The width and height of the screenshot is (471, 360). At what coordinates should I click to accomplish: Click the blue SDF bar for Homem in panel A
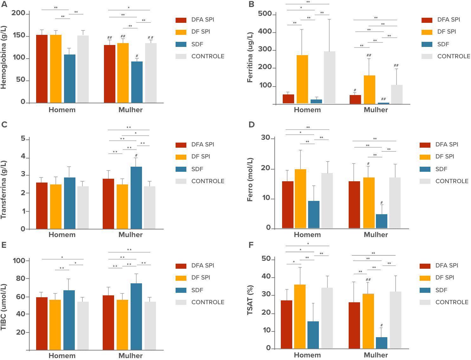tap(69, 79)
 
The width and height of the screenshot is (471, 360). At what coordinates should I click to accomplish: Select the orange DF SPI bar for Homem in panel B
tap(302, 79)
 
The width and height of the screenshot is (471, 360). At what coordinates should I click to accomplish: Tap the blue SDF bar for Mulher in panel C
tap(136, 197)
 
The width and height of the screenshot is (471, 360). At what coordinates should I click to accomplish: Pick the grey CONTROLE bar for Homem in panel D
tap(327, 200)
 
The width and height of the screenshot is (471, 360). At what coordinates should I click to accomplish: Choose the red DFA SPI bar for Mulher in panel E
tap(108, 323)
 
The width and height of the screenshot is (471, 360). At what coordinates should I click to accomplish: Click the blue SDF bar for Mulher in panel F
tap(382, 343)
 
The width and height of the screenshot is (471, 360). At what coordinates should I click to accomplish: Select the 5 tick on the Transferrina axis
tap(23, 139)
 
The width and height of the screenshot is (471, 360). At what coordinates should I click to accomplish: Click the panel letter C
tap(4, 125)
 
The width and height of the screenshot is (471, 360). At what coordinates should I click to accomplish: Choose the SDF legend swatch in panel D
tap(425, 169)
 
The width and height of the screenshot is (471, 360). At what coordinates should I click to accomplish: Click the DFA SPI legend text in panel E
tap(203, 265)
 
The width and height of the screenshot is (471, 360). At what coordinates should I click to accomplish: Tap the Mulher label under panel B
tap(376, 110)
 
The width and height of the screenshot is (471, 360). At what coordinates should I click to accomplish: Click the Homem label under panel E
tap(62, 356)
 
